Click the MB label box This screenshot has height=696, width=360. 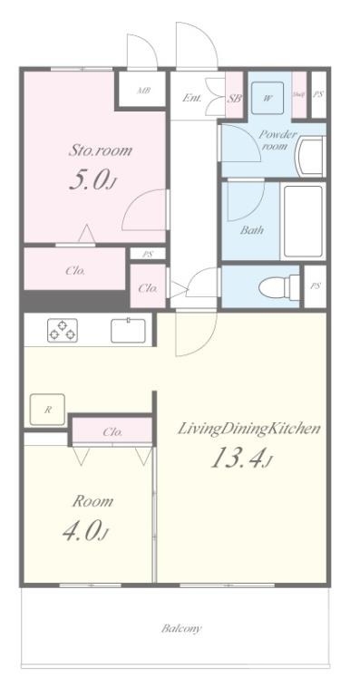point(143,91)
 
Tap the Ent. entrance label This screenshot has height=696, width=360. point(192,97)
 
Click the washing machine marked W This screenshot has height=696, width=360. point(269,97)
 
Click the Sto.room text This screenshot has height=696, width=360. point(101,150)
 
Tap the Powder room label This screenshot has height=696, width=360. point(277,140)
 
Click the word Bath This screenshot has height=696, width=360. point(251,229)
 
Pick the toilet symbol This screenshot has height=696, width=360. point(276,286)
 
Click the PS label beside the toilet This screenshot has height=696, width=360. point(315,285)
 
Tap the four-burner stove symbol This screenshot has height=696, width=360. point(63,330)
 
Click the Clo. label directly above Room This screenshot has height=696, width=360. point(112,432)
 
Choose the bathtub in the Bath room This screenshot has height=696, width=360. point(302,223)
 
